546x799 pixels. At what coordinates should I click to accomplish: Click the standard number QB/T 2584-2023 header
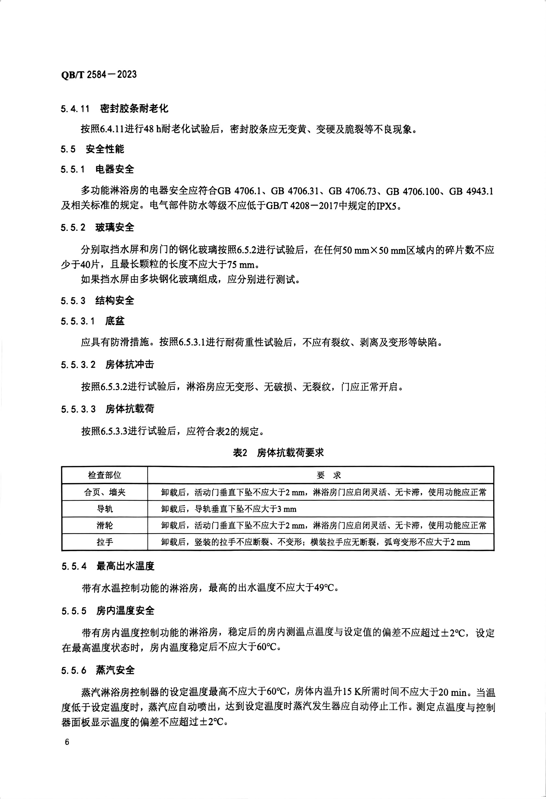99,74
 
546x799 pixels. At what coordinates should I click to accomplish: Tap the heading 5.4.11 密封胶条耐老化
115,109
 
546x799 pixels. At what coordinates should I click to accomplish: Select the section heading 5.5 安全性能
92,149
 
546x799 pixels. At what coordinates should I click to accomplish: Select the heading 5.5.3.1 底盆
93,321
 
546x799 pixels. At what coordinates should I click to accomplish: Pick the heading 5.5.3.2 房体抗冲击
108,364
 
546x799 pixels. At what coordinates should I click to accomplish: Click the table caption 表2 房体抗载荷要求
278,453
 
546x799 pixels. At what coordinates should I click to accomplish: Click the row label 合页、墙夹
104,492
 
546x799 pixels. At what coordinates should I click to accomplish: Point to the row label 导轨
104,509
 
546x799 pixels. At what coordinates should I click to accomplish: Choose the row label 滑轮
104,525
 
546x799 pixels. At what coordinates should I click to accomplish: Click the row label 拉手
104,542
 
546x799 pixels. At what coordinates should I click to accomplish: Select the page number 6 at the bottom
67,742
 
